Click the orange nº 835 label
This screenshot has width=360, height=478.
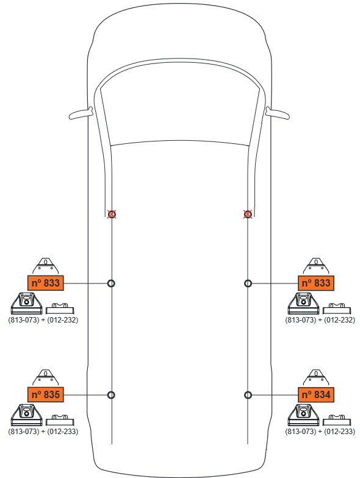tap(45, 394)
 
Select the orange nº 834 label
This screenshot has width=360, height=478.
tap(316, 394)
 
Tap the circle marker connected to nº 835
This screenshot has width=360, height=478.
tap(111, 395)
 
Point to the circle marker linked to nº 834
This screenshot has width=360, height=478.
tap(248, 395)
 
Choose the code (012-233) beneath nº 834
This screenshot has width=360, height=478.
tap(339, 432)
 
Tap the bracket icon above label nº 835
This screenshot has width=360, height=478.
tap(45, 377)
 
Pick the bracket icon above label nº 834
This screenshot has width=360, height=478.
tap(316, 377)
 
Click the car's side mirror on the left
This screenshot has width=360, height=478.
tap(81, 113)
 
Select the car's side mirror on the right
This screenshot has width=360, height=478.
tap(278, 113)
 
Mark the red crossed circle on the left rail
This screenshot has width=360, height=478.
tap(112, 215)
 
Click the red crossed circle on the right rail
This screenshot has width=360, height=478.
tap(248, 215)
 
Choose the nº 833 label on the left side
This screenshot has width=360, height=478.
tap(45, 283)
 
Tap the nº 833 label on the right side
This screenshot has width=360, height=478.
tap(316, 283)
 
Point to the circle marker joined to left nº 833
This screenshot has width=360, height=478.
tap(111, 284)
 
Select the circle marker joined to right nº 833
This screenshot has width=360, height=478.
tap(248, 284)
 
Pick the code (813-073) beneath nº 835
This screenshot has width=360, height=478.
tap(24, 432)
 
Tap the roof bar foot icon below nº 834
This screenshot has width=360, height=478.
tap(304, 415)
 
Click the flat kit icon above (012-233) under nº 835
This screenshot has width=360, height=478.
tap(60, 419)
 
